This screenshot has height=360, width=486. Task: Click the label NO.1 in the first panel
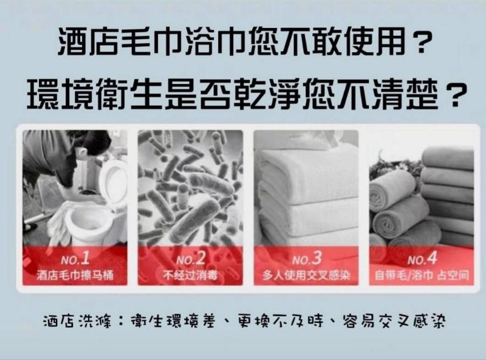(x=75, y=258)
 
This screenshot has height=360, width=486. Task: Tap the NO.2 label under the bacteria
(x=191, y=258)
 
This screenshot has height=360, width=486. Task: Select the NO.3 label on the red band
(x=307, y=258)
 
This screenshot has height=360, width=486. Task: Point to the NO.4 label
(x=422, y=258)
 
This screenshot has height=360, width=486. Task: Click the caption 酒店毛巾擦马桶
(x=75, y=275)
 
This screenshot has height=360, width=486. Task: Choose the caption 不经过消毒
(x=190, y=275)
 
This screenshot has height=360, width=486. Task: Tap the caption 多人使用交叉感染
(x=306, y=275)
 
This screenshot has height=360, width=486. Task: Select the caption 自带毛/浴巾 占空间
(x=422, y=275)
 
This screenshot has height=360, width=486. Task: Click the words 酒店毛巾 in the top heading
(x=120, y=41)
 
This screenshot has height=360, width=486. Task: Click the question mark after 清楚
(x=455, y=94)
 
